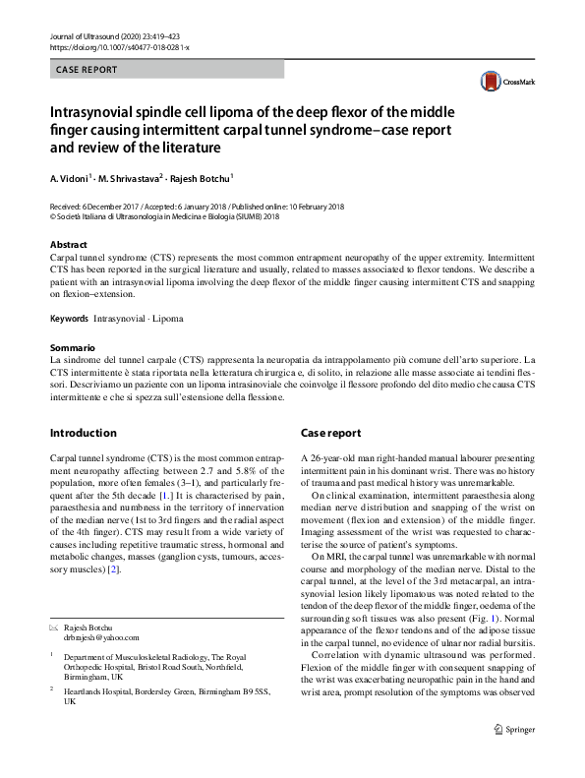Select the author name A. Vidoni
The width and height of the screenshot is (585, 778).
pos(70,180)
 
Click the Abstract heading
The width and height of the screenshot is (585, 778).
pos(68,245)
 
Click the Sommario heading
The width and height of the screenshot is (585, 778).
pos(72,348)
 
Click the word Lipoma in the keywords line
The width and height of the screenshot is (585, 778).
pos(168,319)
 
